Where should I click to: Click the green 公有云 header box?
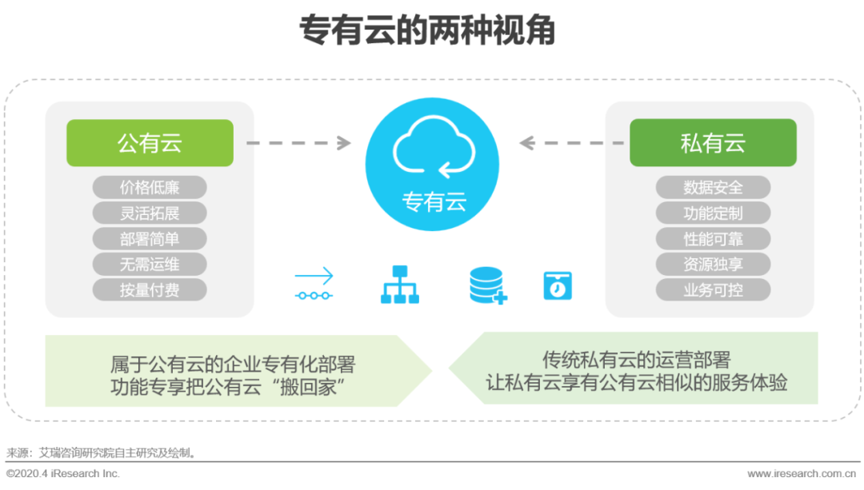pyautogui.click(x=150, y=143)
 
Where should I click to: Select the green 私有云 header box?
pyautogui.click(x=713, y=143)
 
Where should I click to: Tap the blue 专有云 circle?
pyautogui.click(x=432, y=164)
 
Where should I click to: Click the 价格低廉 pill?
pyautogui.click(x=150, y=188)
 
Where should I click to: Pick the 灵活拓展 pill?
pyautogui.click(x=150, y=213)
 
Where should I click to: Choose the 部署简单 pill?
pyautogui.click(x=150, y=239)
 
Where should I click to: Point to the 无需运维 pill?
pyautogui.click(x=150, y=264)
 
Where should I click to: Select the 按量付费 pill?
pyautogui.click(x=150, y=289)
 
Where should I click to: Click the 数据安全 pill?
pyautogui.click(x=713, y=188)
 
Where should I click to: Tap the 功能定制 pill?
pyautogui.click(x=713, y=213)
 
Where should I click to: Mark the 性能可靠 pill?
pyautogui.click(x=713, y=239)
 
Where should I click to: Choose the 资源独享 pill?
pyautogui.click(x=713, y=264)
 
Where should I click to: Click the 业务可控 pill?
pyautogui.click(x=713, y=289)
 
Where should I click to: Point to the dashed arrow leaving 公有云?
pyautogui.click(x=298, y=143)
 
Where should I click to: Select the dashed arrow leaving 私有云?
pyautogui.click(x=571, y=143)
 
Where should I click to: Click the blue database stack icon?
pyautogui.click(x=487, y=285)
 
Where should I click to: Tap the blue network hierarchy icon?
pyautogui.click(x=400, y=285)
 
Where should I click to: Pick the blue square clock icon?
pyautogui.click(x=558, y=285)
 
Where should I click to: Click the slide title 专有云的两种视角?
pyautogui.click(x=427, y=33)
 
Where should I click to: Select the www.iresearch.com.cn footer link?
pyautogui.click(x=805, y=474)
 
